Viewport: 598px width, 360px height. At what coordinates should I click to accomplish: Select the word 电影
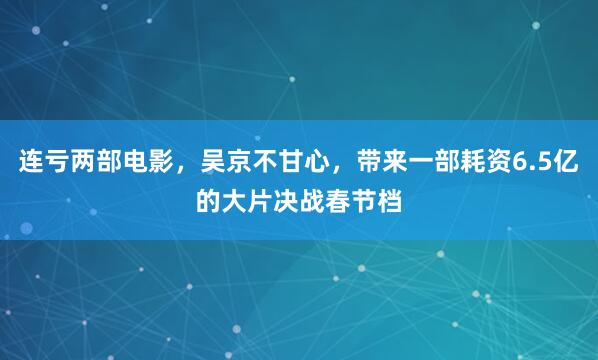(137, 163)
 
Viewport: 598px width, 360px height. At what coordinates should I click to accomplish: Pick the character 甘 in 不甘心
(285, 163)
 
